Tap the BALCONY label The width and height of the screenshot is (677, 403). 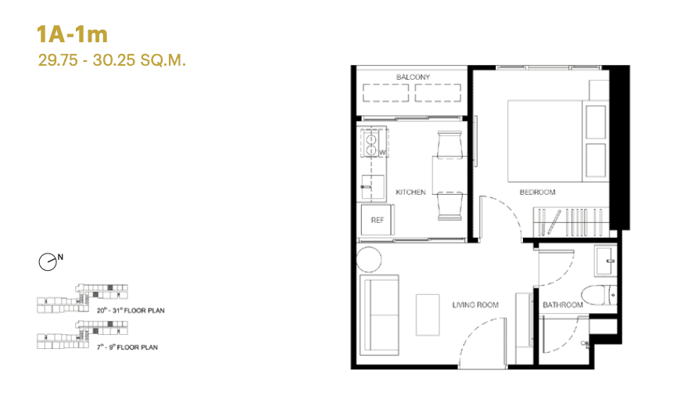[x=413, y=77]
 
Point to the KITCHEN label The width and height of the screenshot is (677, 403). [x=410, y=193]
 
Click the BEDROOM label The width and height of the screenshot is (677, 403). [x=537, y=193]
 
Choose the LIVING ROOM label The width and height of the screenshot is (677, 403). [x=475, y=304]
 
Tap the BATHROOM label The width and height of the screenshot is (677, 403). [x=563, y=304]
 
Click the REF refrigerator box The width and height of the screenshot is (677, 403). [x=376, y=221]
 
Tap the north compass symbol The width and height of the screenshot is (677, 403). [x=49, y=262]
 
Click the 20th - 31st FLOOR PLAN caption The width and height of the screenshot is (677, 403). [x=131, y=311]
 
